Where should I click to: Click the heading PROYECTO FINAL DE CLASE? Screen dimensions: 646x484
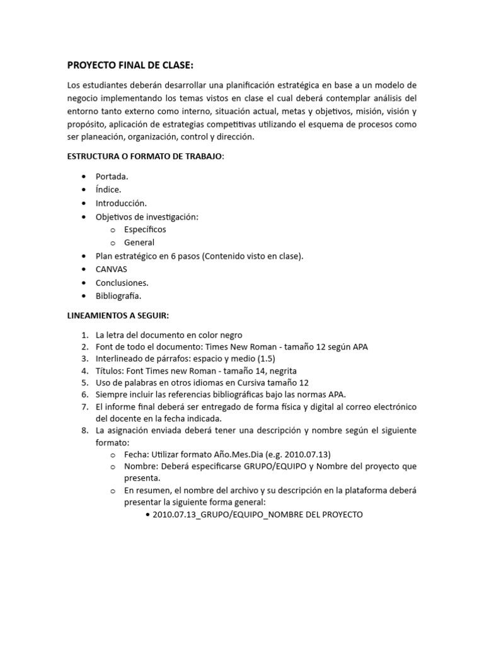pos(130,66)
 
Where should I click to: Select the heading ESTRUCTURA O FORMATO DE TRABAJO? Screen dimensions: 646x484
pos(145,156)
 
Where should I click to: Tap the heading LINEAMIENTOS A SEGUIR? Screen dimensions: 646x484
pos(118,315)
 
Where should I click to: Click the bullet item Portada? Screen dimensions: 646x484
pos(112,177)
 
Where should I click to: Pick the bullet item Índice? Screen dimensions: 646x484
pos(108,190)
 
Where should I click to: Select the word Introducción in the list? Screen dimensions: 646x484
pos(121,203)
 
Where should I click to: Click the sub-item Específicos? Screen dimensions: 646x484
pos(145,230)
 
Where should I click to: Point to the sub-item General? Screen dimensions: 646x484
pos(139,243)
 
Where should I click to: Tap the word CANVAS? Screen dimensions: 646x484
pos(112,269)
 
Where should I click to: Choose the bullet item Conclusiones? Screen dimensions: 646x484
pos(122,283)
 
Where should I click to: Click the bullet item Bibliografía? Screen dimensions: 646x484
pos(118,296)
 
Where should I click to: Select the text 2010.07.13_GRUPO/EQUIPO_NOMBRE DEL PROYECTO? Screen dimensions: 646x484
pos(258,515)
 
